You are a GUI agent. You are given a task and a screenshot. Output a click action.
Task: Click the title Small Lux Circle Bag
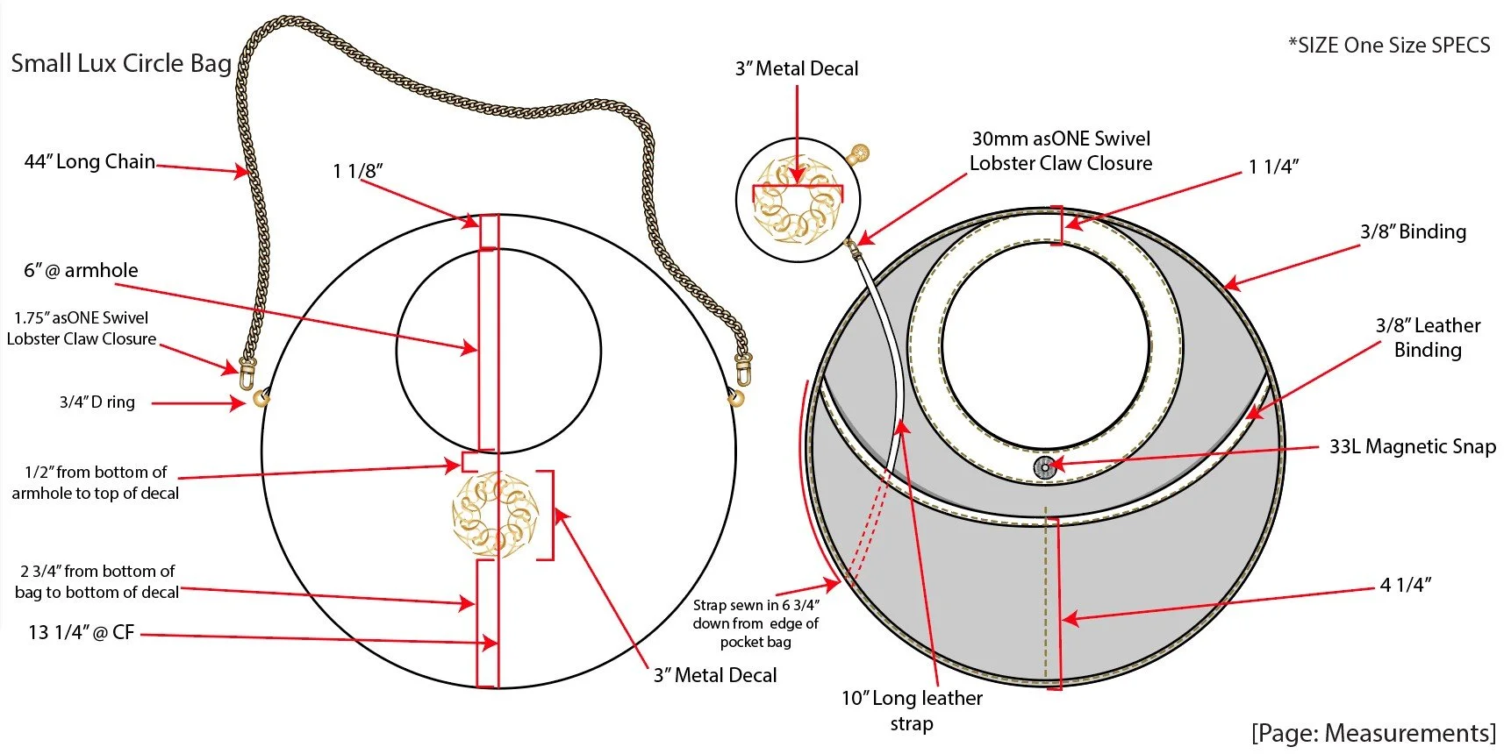pyautogui.click(x=121, y=63)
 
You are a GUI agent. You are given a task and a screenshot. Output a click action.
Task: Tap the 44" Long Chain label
pyautogui.click(x=90, y=161)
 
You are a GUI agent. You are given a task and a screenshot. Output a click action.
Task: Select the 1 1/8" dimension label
pyautogui.click(x=358, y=171)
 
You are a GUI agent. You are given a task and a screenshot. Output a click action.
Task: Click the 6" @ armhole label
pyautogui.click(x=81, y=270)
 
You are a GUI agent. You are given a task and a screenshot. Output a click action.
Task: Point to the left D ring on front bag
pyautogui.click(x=261, y=398)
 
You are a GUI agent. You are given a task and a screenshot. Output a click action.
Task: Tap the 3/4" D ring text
pyautogui.click(x=97, y=402)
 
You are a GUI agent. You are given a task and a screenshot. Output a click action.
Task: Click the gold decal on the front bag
pyautogui.click(x=495, y=515)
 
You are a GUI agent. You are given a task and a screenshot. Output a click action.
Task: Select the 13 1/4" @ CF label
pyautogui.click(x=81, y=632)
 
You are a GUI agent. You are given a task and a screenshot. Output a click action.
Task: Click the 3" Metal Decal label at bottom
pyautogui.click(x=715, y=675)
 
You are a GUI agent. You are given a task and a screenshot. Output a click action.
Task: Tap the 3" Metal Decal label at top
pyautogui.click(x=797, y=68)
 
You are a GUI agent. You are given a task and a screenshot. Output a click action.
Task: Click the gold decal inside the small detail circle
pyautogui.click(x=797, y=200)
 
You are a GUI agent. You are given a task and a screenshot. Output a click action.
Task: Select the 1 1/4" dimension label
pyautogui.click(x=1273, y=167)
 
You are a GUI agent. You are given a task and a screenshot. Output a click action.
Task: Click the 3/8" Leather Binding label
pyautogui.click(x=1428, y=338)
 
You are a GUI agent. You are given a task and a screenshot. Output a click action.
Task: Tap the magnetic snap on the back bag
pyautogui.click(x=1044, y=467)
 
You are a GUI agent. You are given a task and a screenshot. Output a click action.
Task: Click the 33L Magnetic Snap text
pyautogui.click(x=1412, y=446)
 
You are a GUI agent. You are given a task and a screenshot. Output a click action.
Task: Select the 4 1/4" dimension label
pyautogui.click(x=1406, y=585)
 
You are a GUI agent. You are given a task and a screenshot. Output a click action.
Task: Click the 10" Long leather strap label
pyautogui.click(x=912, y=710)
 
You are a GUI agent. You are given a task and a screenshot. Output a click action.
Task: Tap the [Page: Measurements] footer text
pyautogui.click(x=1373, y=733)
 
